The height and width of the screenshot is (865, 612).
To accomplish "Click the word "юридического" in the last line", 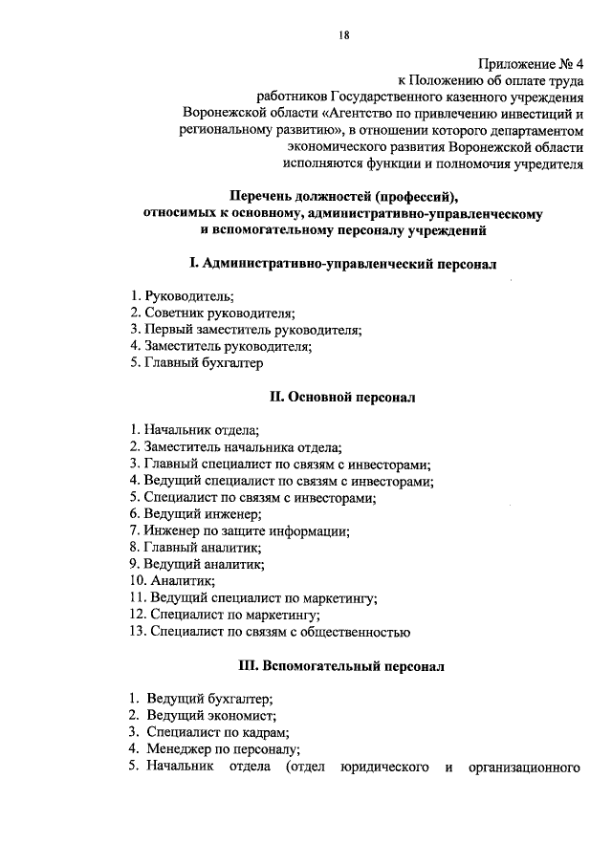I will (382, 767).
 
